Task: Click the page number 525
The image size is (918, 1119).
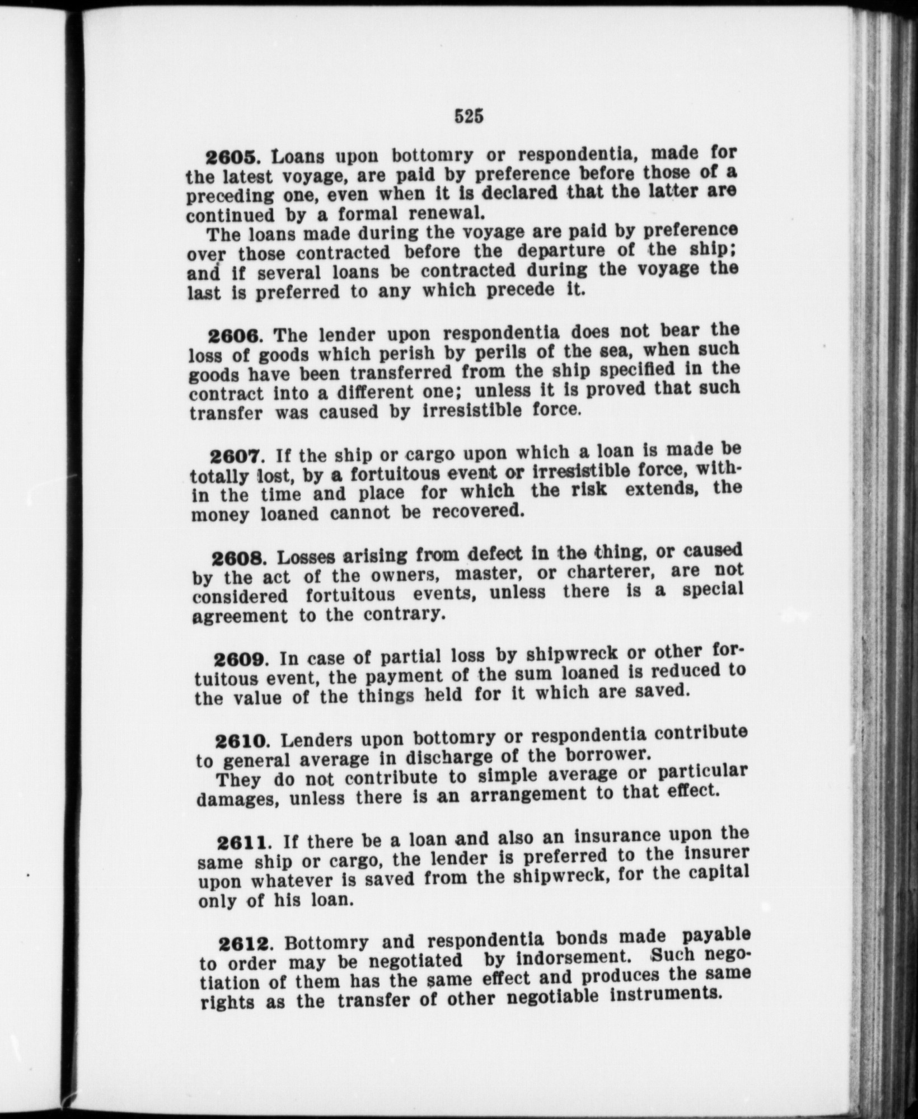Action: (x=469, y=116)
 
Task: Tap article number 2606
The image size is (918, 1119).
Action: (x=235, y=336)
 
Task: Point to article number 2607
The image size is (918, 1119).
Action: (x=236, y=456)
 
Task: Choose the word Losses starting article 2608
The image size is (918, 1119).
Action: (x=306, y=557)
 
